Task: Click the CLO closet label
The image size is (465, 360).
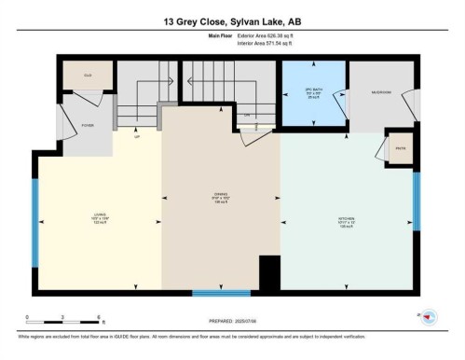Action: pos(88,75)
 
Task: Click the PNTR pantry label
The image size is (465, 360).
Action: pos(400,149)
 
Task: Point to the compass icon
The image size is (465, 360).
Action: pos(428,318)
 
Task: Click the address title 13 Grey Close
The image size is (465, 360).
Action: pos(231,21)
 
